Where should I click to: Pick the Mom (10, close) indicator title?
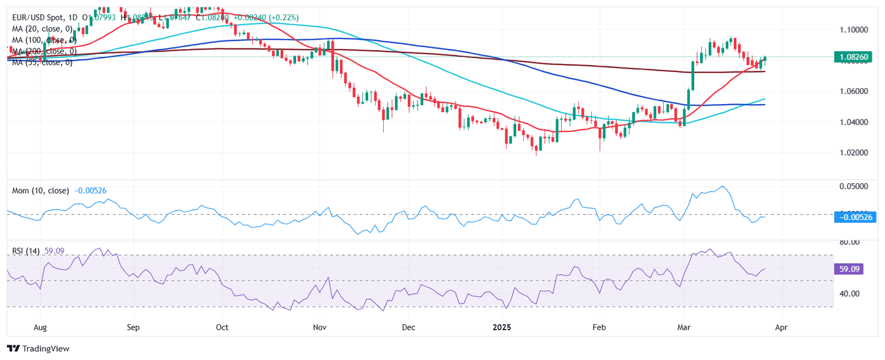tap(40, 191)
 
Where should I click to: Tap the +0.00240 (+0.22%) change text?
tap(266, 18)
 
